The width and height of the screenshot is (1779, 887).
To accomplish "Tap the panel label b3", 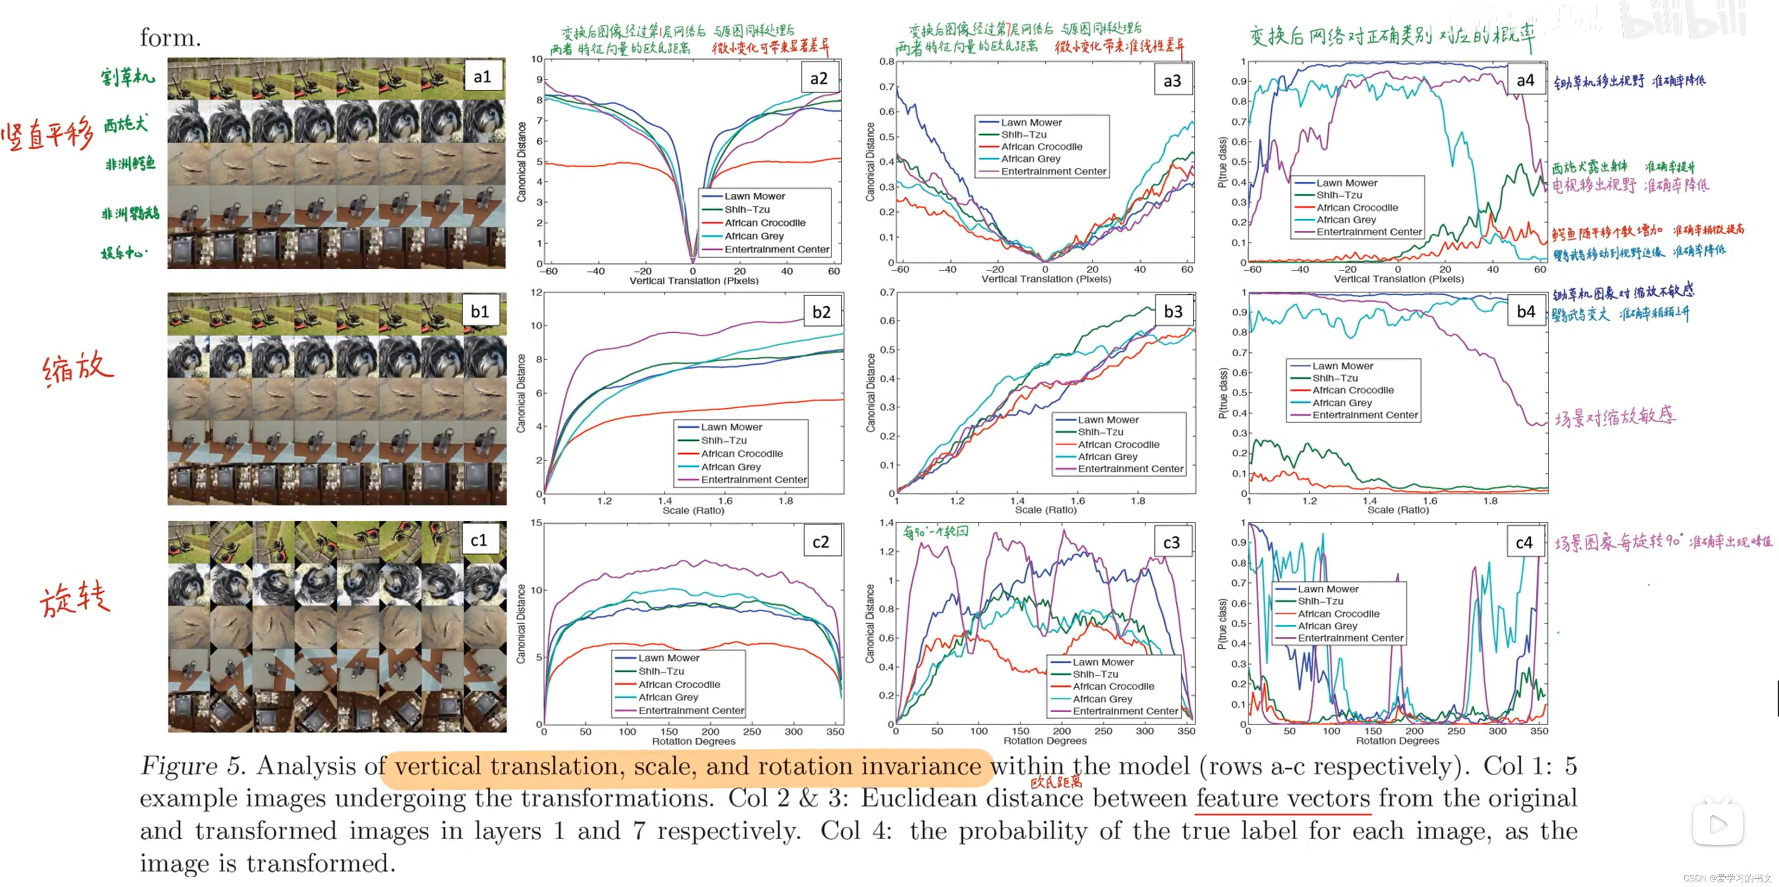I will pyautogui.click(x=1173, y=311).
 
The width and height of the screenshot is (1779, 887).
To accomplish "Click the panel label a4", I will pyautogui.click(x=1525, y=81).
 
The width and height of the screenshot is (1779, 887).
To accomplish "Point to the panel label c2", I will pyautogui.click(x=820, y=542).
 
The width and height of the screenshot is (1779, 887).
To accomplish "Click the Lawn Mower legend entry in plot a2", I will pyautogui.click(x=754, y=196).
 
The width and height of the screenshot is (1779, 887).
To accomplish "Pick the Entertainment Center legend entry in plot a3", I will pyautogui.click(x=1053, y=171).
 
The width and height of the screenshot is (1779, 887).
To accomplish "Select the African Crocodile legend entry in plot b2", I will pyautogui.click(x=742, y=454).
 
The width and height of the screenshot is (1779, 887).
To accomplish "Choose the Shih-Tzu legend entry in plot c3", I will pyautogui.click(x=1095, y=674).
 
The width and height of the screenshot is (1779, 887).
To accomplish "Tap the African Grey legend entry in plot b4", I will pyautogui.click(x=1342, y=403).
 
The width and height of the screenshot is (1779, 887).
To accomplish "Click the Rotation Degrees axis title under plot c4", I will pyautogui.click(x=1397, y=741).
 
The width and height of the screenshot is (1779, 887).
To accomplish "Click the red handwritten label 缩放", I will pyautogui.click(x=77, y=367).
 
